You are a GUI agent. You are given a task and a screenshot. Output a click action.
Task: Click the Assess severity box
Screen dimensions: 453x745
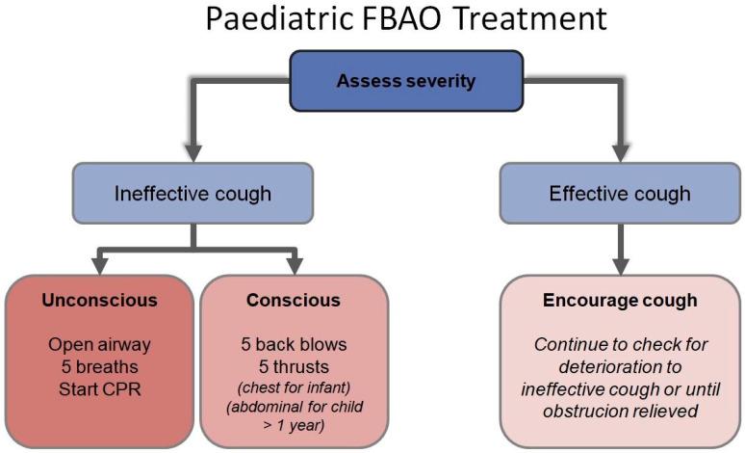tap(405, 81)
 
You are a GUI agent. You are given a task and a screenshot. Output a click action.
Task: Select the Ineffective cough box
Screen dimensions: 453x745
tap(193, 194)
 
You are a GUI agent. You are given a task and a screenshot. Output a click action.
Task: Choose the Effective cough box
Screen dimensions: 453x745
tap(619, 194)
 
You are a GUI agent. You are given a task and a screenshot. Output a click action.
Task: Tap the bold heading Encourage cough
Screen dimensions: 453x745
tap(619, 300)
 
